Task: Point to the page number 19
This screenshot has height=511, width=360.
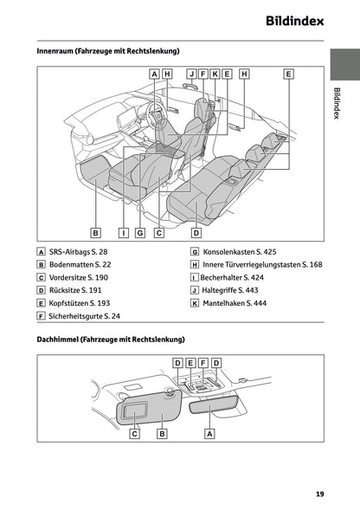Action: [x=319, y=495]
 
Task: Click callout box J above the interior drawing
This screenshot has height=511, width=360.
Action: [x=191, y=74]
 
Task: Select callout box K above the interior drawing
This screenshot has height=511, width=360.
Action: [x=215, y=74]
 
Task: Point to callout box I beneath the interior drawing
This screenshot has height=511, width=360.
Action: [x=124, y=232]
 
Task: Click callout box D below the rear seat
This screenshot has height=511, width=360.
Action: [x=196, y=232]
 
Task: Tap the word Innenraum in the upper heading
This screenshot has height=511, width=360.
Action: [x=57, y=51]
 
